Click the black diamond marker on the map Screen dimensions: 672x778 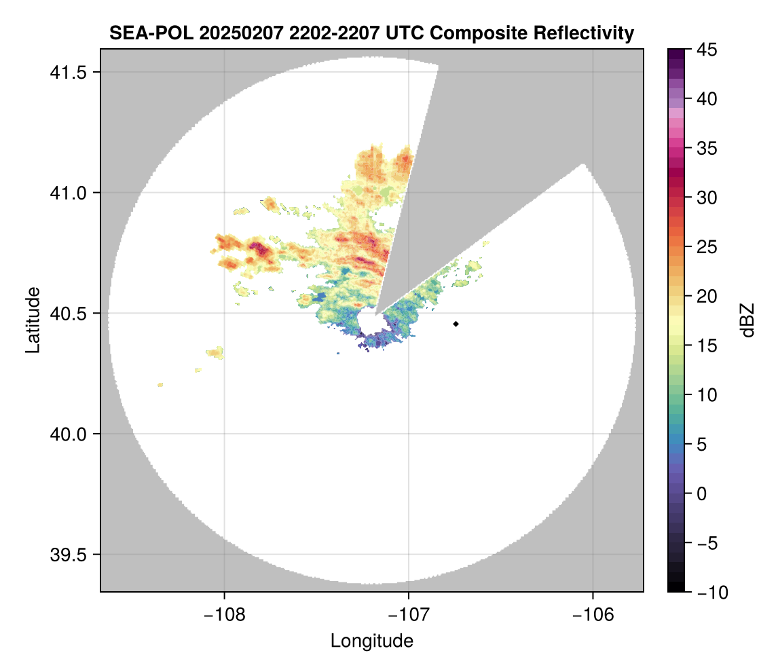(x=456, y=324)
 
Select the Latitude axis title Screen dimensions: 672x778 (x=32, y=320)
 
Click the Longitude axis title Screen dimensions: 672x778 (x=371, y=641)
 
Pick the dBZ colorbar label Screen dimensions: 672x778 (x=747, y=320)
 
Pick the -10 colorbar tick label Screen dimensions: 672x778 (x=711, y=593)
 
